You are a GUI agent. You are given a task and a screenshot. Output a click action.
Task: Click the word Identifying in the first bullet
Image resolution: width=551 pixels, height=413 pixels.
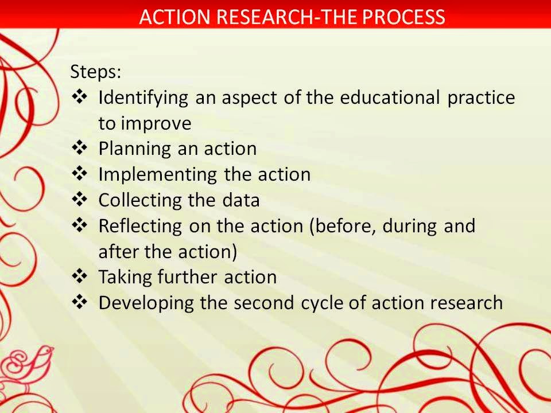pos(143,98)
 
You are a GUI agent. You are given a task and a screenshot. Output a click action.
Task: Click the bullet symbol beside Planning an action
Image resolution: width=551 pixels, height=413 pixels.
pos(80,148)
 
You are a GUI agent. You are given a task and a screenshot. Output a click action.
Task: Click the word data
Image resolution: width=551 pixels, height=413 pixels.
pos(241,200)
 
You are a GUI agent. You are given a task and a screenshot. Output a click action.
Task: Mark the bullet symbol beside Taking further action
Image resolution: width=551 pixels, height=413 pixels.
pos(80,276)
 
